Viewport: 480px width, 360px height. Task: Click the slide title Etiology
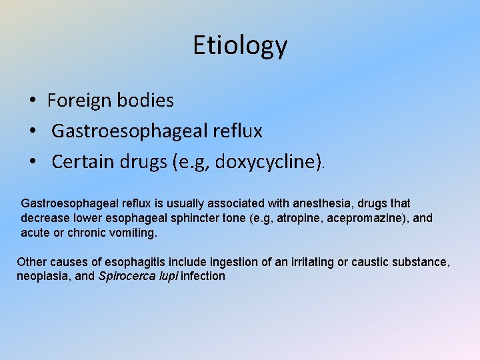click(x=240, y=45)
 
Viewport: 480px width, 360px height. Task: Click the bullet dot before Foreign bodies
click(x=32, y=101)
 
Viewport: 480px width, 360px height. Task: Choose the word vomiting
click(x=135, y=233)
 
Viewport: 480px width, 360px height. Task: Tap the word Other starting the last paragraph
click(x=29, y=262)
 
